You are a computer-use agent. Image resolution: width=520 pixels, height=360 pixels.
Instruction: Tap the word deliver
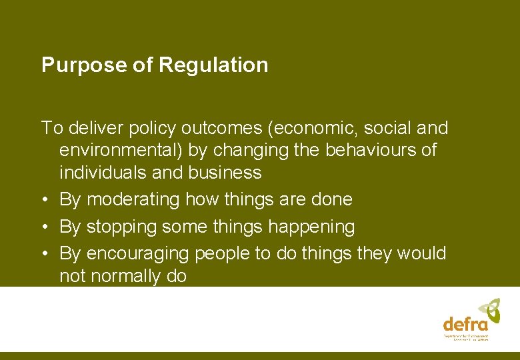91,127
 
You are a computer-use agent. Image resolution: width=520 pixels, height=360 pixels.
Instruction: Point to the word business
225,173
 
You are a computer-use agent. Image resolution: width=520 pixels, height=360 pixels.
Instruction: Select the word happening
311,227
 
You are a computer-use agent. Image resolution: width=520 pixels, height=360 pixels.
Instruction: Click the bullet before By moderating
44,199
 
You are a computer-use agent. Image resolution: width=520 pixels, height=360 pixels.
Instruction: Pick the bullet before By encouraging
44,254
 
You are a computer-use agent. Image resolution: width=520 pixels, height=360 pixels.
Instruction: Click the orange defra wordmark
465,324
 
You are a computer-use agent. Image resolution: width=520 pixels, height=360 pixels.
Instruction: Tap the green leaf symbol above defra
489,309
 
